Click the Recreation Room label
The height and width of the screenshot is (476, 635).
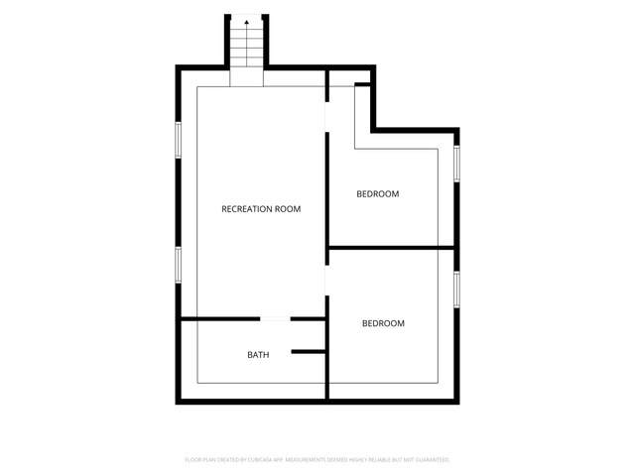click(x=261, y=209)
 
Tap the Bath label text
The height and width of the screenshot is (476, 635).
click(x=258, y=355)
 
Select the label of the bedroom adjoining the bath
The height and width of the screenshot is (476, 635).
click(x=383, y=323)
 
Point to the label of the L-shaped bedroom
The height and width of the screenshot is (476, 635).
click(x=377, y=194)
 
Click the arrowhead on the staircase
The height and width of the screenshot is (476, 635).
click(x=247, y=23)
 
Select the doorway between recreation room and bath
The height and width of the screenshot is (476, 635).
click(x=275, y=319)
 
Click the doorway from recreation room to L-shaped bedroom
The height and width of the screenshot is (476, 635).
click(x=326, y=117)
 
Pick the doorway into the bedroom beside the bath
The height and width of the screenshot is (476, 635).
click(x=326, y=281)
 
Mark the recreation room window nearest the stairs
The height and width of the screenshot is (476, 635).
click(x=178, y=140)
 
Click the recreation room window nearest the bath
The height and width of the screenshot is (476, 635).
click(x=178, y=265)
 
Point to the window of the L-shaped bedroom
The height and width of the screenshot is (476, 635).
click(x=456, y=164)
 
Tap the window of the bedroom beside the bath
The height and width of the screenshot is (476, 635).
click(x=456, y=290)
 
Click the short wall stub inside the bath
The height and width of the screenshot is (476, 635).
click(x=309, y=352)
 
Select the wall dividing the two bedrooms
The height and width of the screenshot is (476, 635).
click(x=391, y=247)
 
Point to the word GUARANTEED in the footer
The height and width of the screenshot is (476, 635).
click(x=434, y=460)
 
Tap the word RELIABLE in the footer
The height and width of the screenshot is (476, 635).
click(x=378, y=460)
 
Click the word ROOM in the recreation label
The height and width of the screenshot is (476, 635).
click(x=288, y=209)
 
